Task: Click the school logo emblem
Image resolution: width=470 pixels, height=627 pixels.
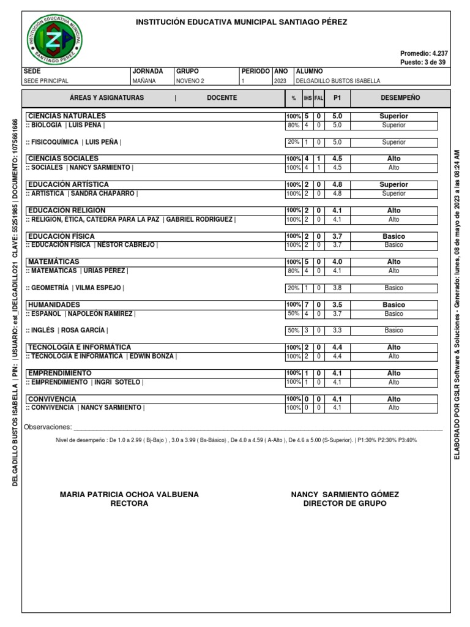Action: pyautogui.click(x=56, y=38)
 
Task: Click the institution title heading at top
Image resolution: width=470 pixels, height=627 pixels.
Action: pyautogui.click(x=241, y=22)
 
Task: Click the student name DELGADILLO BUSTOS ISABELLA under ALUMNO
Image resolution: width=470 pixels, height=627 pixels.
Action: pyautogui.click(x=338, y=81)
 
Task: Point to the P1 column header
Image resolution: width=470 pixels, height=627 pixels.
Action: pyautogui.click(x=337, y=98)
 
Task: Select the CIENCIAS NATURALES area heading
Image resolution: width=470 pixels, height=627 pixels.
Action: pyautogui.click(x=67, y=116)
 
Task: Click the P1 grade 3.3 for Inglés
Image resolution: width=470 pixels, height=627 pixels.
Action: pyautogui.click(x=337, y=331)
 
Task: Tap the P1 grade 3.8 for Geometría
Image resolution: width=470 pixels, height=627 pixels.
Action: pyautogui.click(x=337, y=288)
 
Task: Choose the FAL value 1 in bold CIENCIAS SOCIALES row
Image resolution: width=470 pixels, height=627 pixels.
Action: pyautogui.click(x=318, y=159)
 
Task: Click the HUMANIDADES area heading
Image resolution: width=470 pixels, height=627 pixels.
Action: pyautogui.click(x=54, y=304)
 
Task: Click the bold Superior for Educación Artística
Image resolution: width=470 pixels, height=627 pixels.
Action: pyautogui.click(x=394, y=184)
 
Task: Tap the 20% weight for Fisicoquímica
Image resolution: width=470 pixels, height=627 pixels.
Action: pyautogui.click(x=293, y=142)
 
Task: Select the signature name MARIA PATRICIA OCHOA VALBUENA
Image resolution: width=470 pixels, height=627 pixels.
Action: pyautogui.click(x=129, y=494)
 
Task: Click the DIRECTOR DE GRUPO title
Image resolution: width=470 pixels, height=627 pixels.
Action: pyautogui.click(x=345, y=503)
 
